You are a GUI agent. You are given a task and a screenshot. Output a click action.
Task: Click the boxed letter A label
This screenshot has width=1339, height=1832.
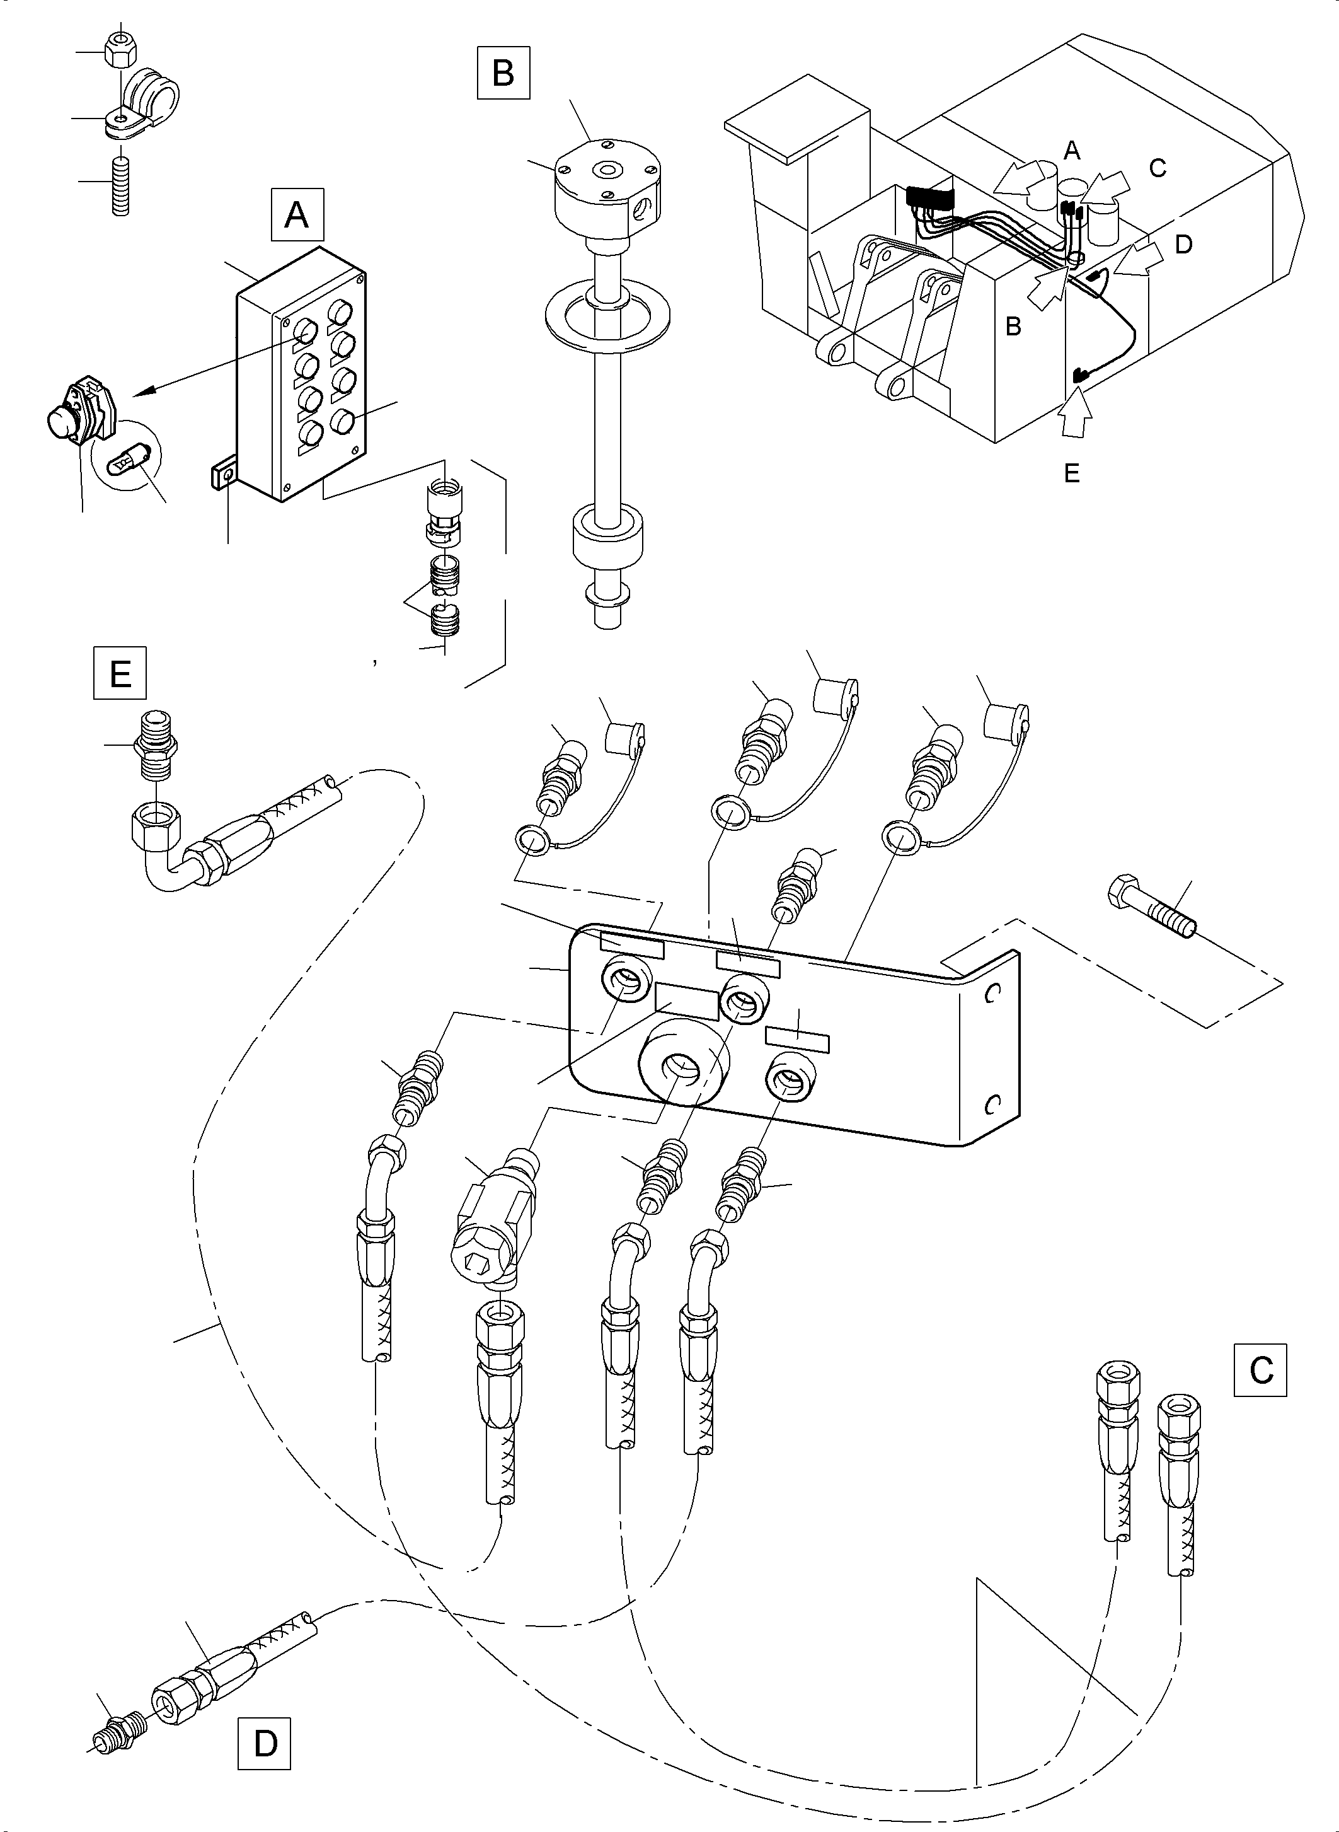click(x=297, y=216)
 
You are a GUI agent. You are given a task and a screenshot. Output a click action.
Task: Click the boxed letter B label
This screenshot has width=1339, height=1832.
click(x=503, y=73)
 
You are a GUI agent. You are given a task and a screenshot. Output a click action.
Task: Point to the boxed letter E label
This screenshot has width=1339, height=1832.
click(x=120, y=672)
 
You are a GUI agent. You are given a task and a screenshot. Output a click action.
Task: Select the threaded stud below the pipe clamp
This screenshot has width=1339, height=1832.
click(x=120, y=187)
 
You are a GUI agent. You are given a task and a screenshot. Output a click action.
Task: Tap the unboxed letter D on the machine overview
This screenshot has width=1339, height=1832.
click(x=1183, y=244)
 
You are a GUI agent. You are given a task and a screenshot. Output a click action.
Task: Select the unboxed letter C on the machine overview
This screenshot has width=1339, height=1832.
click(x=1158, y=167)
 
